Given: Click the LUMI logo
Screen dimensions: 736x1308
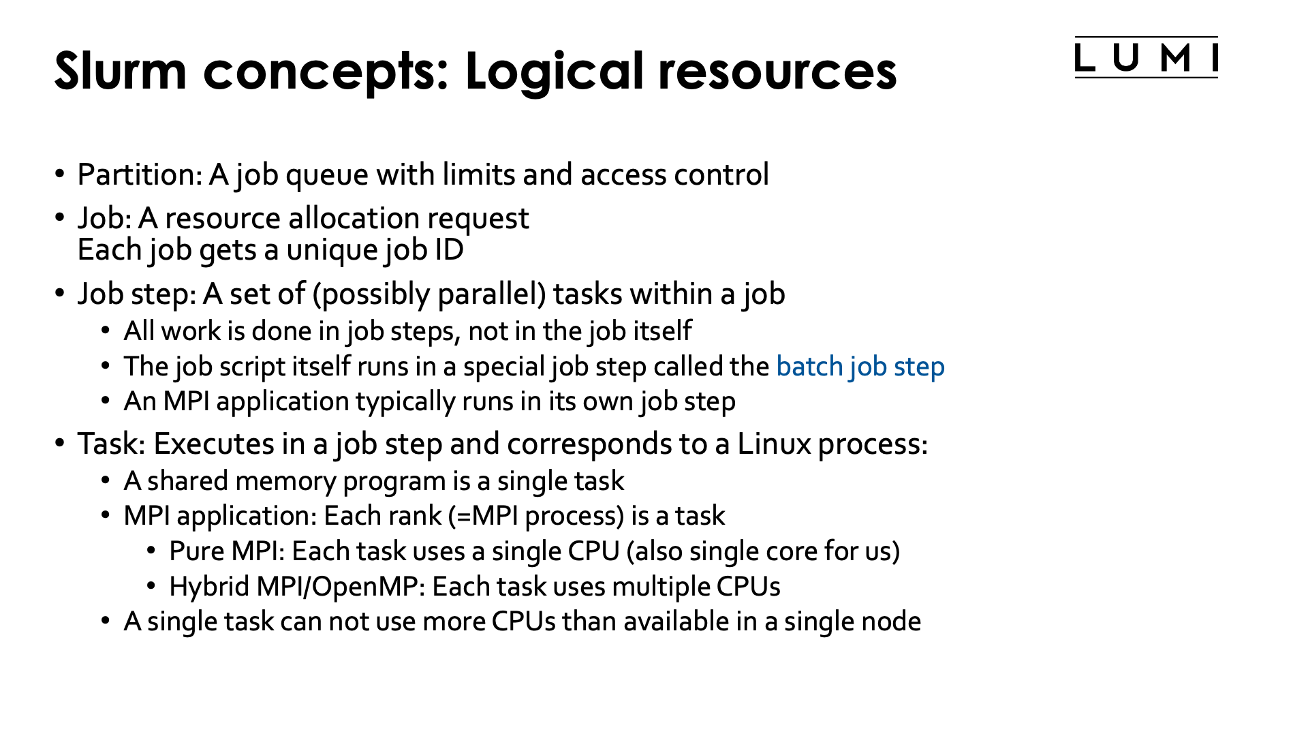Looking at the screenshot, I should coord(1146,58).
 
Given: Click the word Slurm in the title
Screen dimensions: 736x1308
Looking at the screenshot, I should coord(121,70).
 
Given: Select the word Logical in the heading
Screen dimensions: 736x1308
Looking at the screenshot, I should coord(553,72).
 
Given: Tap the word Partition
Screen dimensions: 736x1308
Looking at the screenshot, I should coord(139,174).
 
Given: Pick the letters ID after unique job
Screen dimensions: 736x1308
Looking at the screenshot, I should coord(449,250).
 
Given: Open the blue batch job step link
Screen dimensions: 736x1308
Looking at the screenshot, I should coord(860,367).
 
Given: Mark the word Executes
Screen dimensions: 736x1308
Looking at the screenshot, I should coord(213,444).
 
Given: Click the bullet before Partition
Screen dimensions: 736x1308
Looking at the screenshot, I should coord(60,174).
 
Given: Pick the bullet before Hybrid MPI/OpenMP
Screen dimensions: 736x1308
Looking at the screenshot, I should coord(152,586).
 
